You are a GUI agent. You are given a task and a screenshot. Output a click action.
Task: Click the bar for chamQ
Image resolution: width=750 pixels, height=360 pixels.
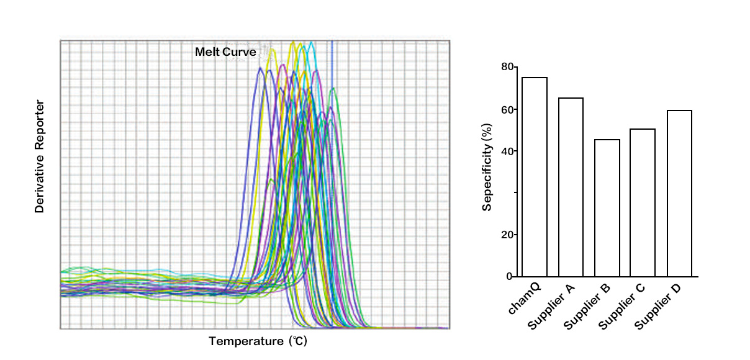534,177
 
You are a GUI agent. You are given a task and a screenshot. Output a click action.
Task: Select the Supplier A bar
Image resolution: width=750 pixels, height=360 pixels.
571,187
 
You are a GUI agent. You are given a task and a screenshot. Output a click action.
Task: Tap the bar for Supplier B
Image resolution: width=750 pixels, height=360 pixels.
607,208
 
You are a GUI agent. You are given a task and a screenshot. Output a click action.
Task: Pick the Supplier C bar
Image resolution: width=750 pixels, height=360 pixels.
643,202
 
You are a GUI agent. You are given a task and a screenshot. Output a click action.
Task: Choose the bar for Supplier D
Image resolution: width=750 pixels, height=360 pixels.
679,193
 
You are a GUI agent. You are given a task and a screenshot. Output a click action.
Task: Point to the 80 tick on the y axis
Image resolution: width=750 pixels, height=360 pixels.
508,67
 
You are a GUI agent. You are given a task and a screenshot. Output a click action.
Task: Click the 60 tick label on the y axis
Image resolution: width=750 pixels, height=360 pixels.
508,110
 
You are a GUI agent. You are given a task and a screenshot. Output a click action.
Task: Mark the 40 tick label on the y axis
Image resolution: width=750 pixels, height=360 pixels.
508,151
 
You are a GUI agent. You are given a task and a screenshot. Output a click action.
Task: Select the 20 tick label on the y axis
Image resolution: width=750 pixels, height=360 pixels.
508,235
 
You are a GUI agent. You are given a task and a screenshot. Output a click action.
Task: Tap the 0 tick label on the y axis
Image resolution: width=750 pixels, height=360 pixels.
510,276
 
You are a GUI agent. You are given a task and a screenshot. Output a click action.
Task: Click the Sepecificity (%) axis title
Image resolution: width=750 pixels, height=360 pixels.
487,166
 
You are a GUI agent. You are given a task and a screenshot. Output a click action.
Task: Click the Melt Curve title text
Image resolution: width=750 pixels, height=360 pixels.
225,52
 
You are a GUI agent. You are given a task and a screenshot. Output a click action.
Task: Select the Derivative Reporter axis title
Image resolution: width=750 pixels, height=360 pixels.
40,156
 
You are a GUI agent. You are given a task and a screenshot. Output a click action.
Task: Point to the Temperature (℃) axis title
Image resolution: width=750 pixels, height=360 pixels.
258,341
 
